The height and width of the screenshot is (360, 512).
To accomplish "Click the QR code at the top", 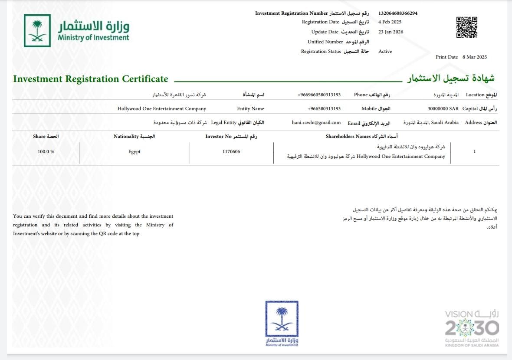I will click(x=466, y=27).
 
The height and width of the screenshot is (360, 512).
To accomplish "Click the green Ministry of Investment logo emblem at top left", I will click(x=37, y=31).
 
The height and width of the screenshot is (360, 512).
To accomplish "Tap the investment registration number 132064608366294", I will click(x=398, y=13).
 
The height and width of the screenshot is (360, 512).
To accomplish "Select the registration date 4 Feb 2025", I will click(x=390, y=22).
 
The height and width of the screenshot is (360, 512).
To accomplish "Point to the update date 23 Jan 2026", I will click(x=391, y=32).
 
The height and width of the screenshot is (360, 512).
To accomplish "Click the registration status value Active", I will click(x=385, y=51).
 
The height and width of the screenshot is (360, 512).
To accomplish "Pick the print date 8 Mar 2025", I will click(x=475, y=57).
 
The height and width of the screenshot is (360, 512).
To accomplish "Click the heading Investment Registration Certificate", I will click(x=91, y=79).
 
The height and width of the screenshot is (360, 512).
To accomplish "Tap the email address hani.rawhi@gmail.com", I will click(x=316, y=122).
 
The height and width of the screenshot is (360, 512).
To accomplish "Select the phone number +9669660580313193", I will click(x=319, y=95).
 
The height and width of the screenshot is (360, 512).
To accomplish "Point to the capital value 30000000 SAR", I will click(x=443, y=108).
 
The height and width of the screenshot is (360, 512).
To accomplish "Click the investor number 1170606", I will click(x=231, y=151).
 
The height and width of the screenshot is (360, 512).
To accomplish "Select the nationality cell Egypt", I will click(x=135, y=151).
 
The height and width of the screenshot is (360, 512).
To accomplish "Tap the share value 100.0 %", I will click(x=46, y=151).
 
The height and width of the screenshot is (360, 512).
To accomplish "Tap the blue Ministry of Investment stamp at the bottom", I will click(x=282, y=323).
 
